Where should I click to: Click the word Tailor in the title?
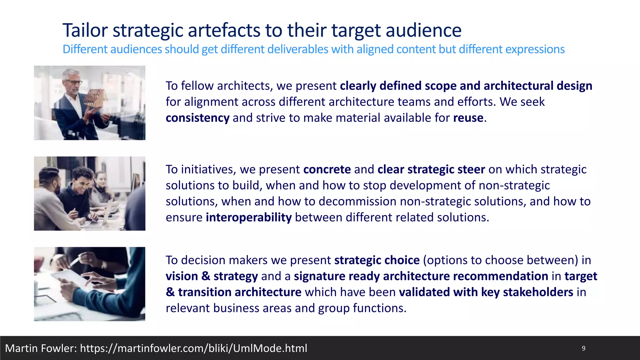pyautogui.click(x=85, y=30)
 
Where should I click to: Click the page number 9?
pyautogui.click(x=583, y=348)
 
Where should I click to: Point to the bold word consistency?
pyautogui.click(x=197, y=118)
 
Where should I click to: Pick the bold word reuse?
pyautogui.click(x=468, y=118)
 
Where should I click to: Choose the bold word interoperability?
pyautogui.click(x=249, y=217)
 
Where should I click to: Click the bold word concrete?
pyautogui.click(x=327, y=169)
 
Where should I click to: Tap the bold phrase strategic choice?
pyautogui.click(x=377, y=260)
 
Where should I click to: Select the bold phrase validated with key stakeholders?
pyautogui.click(x=486, y=292)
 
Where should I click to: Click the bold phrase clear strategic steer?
pyautogui.click(x=431, y=169)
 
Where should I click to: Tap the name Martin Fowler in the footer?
pyautogui.click(x=41, y=348)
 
